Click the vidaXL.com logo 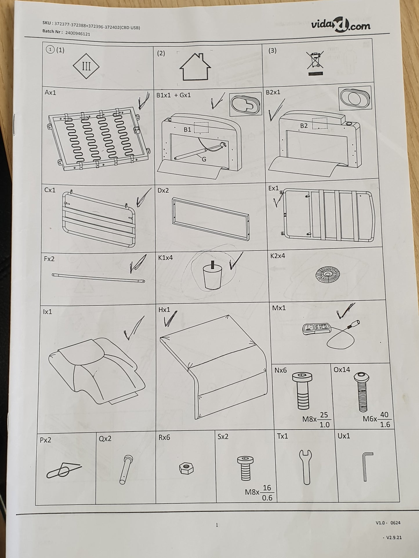[x=341, y=26]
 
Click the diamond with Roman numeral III [x=86, y=66]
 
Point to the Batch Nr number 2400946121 [x=77, y=33]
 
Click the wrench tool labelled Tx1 [x=306, y=467]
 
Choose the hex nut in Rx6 [x=186, y=468]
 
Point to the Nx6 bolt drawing [x=302, y=391]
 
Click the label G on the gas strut [x=204, y=159]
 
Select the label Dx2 [x=163, y=191]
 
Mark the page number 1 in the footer [x=217, y=525]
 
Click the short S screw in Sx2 [x=245, y=468]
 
